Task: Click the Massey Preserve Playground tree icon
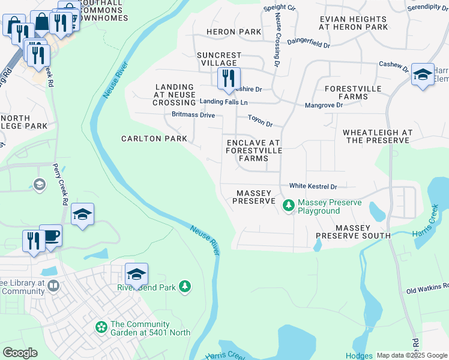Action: [x=289, y=206]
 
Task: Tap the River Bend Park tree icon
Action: [x=186, y=287]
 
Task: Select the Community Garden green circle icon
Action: [x=101, y=327]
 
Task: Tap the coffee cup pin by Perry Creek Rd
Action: [x=50, y=235]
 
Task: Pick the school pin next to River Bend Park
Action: [x=136, y=275]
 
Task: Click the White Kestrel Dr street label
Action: [x=313, y=187]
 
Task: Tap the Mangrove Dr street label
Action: [x=323, y=105]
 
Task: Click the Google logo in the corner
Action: [x=20, y=353]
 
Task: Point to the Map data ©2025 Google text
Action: [x=412, y=355]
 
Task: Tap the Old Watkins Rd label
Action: [x=427, y=289]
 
